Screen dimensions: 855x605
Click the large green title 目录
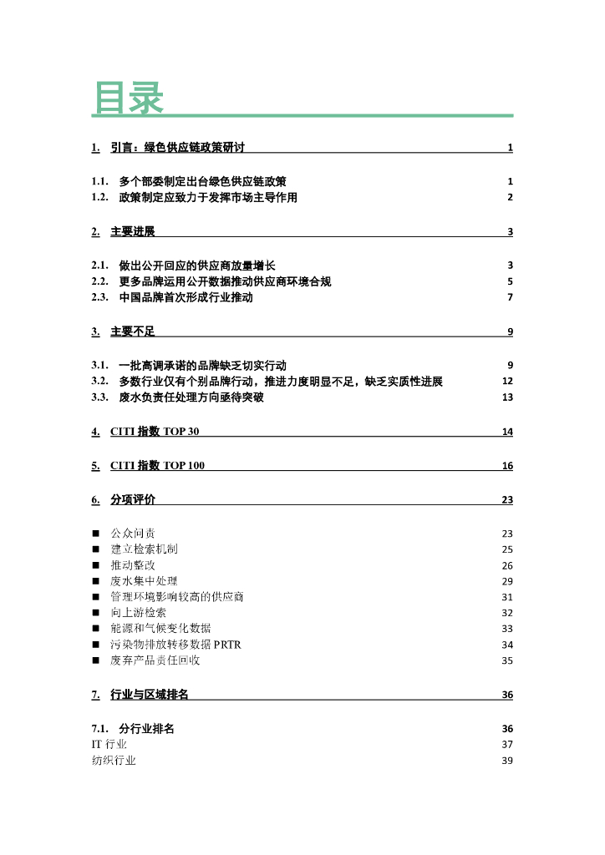128,98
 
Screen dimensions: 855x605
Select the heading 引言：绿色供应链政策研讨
178,148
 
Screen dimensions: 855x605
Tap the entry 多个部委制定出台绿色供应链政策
203,181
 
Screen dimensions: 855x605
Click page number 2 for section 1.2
510,198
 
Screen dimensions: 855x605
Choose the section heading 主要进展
133,231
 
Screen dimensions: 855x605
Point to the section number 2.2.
100,281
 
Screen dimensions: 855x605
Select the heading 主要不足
133,331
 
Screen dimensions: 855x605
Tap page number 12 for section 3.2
507,382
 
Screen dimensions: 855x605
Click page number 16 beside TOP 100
507,466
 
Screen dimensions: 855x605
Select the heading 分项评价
133,500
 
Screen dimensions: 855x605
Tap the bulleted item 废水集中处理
144,581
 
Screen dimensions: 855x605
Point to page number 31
507,597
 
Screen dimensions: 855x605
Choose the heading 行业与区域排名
150,695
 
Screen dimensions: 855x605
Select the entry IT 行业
109,744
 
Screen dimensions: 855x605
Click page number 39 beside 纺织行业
507,761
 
